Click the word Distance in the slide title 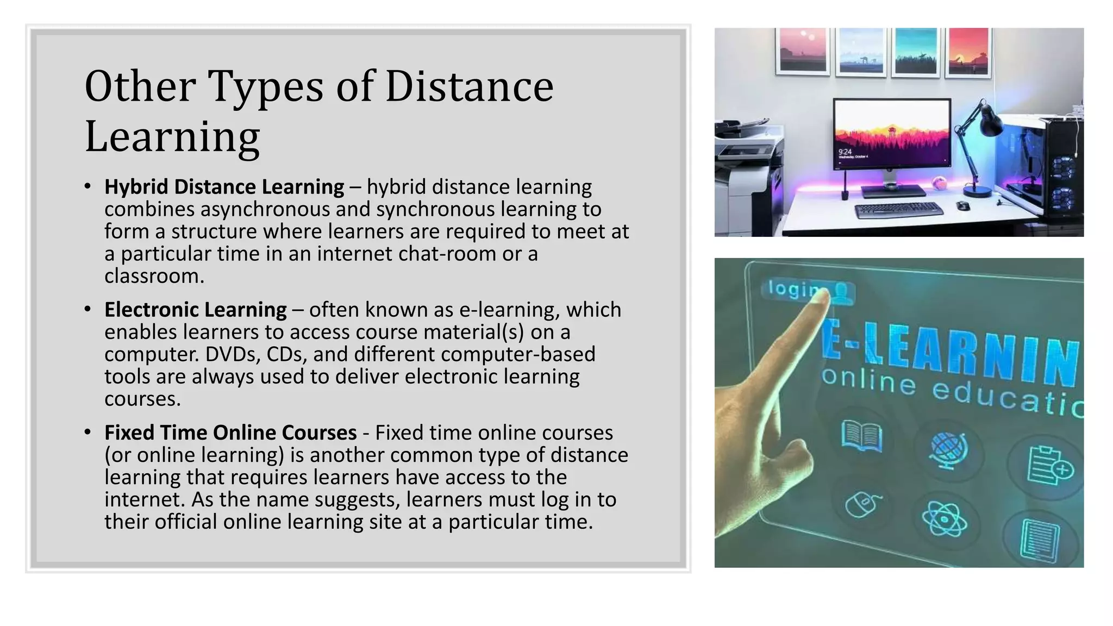pyautogui.click(x=469, y=87)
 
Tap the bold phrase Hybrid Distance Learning pyautogui.click(x=224, y=187)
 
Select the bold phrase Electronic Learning pyautogui.click(x=196, y=310)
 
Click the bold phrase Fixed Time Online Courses pyautogui.click(x=230, y=433)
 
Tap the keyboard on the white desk pyautogui.click(x=899, y=210)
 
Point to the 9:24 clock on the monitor pyautogui.click(x=845, y=152)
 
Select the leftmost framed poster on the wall pyautogui.click(x=803, y=51)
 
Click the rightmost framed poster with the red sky pyautogui.click(x=968, y=52)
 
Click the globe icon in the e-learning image pyautogui.click(x=948, y=450)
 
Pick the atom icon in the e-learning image pyautogui.click(x=945, y=519)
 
